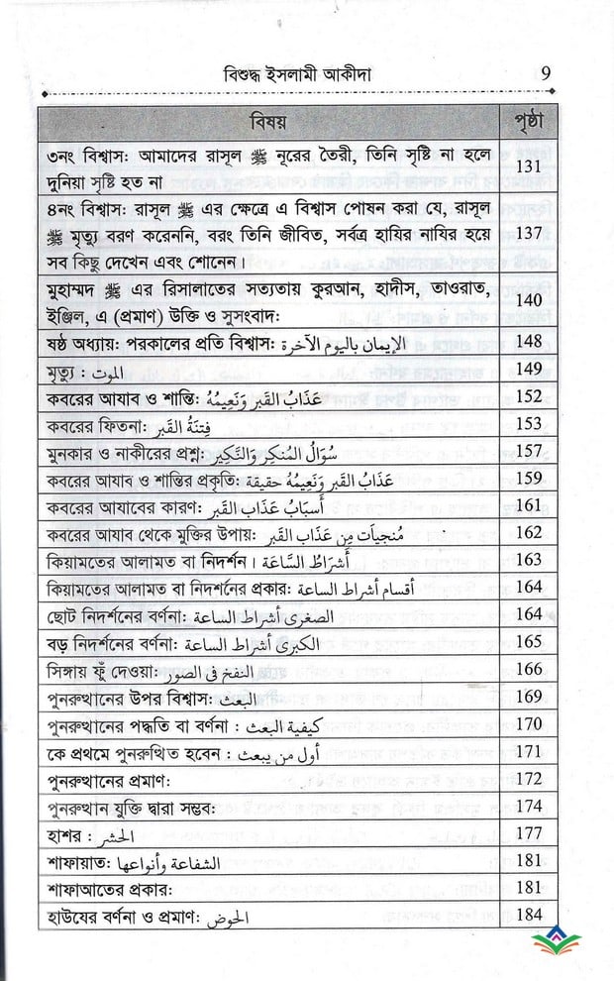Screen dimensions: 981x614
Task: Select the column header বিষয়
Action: coord(266,123)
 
